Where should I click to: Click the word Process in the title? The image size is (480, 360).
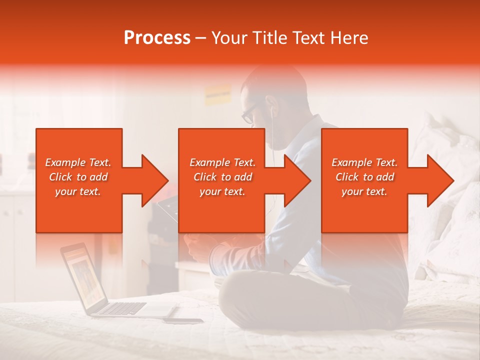tap(157, 37)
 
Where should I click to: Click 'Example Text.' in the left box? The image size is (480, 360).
tap(78, 162)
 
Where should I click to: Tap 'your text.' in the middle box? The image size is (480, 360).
tap(222, 191)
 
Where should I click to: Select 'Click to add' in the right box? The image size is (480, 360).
tap(364, 177)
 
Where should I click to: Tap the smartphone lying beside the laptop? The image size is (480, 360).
tap(183, 320)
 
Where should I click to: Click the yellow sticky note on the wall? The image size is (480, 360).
tap(217, 93)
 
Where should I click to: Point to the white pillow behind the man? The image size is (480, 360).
tap(440, 145)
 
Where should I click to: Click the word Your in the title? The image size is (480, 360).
tap(227, 37)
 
